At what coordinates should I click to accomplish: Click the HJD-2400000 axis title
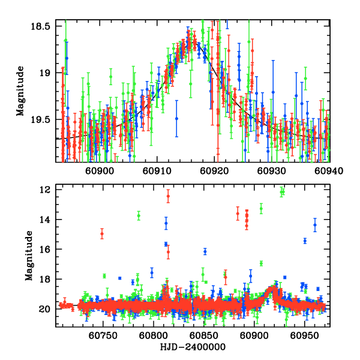(x=193, y=347)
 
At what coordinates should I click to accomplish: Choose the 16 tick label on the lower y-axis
(x=45, y=250)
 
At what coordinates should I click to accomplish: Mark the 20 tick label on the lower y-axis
(x=45, y=309)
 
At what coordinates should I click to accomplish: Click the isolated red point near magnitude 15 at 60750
(x=102, y=233)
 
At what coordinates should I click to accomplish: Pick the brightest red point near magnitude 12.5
(x=168, y=196)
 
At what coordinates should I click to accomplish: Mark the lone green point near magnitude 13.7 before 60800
(x=139, y=215)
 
